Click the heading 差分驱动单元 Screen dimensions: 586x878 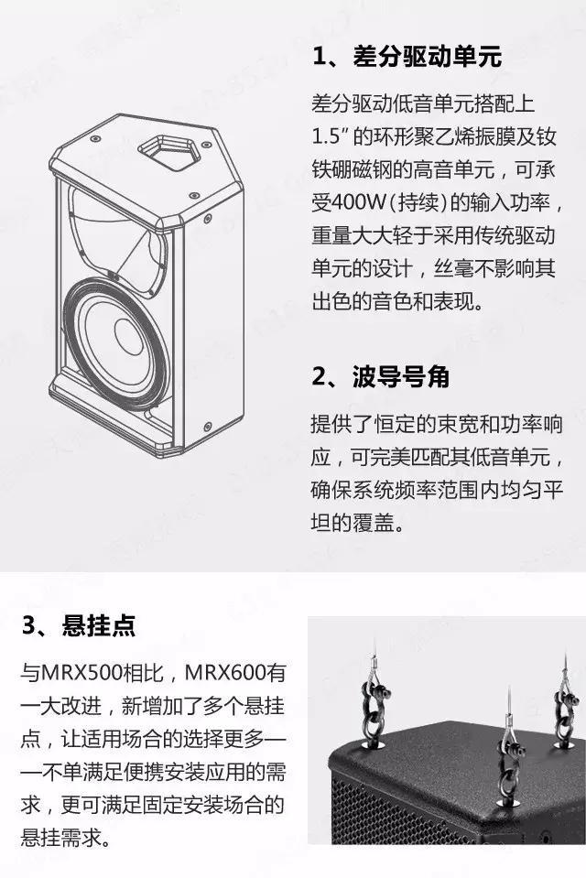click(x=427, y=57)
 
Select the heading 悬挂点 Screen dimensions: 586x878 click(x=99, y=625)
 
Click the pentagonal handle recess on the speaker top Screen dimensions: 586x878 click(x=169, y=149)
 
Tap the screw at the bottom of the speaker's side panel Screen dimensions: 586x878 click(x=208, y=427)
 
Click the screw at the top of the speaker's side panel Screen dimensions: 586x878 click(x=209, y=217)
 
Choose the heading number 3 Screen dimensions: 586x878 click(x=29, y=625)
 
